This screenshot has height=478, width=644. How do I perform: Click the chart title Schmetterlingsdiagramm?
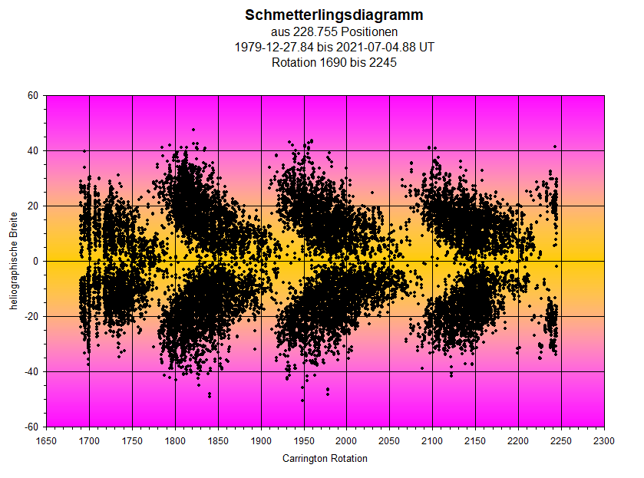334,15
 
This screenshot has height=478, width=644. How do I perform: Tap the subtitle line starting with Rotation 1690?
334,63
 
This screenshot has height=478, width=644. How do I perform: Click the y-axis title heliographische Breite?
14,261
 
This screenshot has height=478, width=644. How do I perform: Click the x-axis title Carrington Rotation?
325,459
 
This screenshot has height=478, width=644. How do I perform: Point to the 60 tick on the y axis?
32,96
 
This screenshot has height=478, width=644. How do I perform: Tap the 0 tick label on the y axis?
35,262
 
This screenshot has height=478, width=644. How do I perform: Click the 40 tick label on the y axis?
32,151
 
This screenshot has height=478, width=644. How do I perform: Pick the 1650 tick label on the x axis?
47,441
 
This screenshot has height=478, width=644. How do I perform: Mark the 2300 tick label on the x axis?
604,441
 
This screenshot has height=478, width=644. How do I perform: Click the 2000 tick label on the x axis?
347,441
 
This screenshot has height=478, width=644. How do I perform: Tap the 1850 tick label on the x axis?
219,441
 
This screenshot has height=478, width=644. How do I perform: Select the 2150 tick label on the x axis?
475,441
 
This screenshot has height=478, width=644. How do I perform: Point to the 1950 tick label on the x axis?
304,441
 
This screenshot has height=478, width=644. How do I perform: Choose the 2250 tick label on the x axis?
561,441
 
